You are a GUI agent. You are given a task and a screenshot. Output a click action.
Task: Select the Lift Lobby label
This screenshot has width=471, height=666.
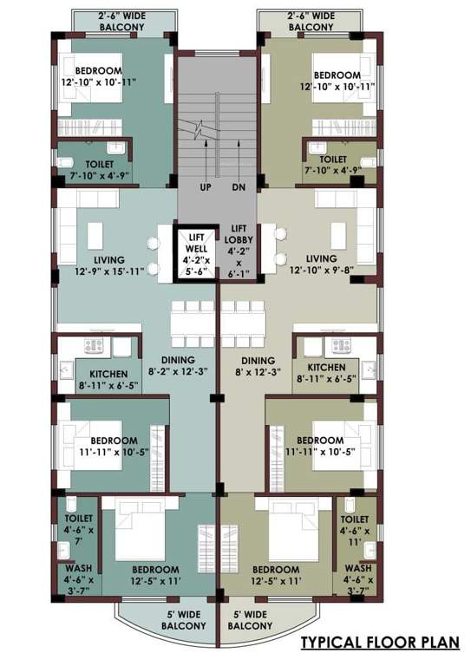click(239, 251)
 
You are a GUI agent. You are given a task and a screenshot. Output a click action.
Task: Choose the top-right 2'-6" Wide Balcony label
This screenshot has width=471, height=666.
click(310, 20)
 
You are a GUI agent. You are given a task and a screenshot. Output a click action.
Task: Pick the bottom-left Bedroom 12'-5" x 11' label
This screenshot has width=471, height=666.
click(155, 576)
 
